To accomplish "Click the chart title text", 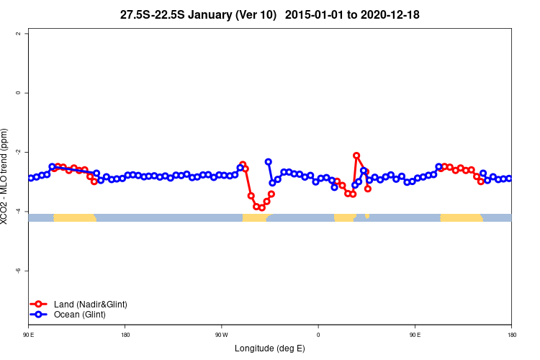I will (269, 14).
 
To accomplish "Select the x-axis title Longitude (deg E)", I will (270, 348).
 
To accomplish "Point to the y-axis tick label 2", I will (27, 34).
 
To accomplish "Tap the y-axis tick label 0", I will (27, 93).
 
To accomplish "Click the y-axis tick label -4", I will (27, 211).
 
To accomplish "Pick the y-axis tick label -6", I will (27, 270).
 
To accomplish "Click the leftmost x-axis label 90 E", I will (28, 335).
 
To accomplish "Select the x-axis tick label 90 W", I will (221, 335).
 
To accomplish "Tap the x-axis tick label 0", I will (318, 335).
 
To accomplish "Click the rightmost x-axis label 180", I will (511, 335).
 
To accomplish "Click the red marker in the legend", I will (40, 305).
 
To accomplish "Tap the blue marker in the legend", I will (40, 315).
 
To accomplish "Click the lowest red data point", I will (261, 207).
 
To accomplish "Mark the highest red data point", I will (356, 156).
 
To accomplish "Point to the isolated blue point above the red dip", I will (268, 162).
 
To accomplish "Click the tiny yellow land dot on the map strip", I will (367, 216).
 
